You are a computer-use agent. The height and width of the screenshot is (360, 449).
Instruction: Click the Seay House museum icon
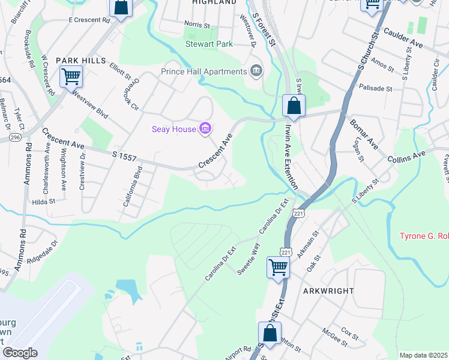coord(205,128)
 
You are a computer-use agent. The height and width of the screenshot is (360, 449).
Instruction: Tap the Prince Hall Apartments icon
coord(256,71)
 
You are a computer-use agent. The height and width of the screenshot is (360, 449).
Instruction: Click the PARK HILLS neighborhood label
coord(81,61)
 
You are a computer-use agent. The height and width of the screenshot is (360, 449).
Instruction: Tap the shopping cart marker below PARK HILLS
coord(71,77)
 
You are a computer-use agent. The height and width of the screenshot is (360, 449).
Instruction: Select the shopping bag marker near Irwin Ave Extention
coord(294,106)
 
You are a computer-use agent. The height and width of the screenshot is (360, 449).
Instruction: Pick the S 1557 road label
coord(124,157)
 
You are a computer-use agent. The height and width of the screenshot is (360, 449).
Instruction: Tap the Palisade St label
coord(375,88)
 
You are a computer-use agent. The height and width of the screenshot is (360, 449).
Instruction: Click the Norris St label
coord(197,26)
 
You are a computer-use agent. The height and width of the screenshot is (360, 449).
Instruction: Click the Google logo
coord(20,352)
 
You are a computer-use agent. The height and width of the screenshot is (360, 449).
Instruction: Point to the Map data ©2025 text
coord(423,355)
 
